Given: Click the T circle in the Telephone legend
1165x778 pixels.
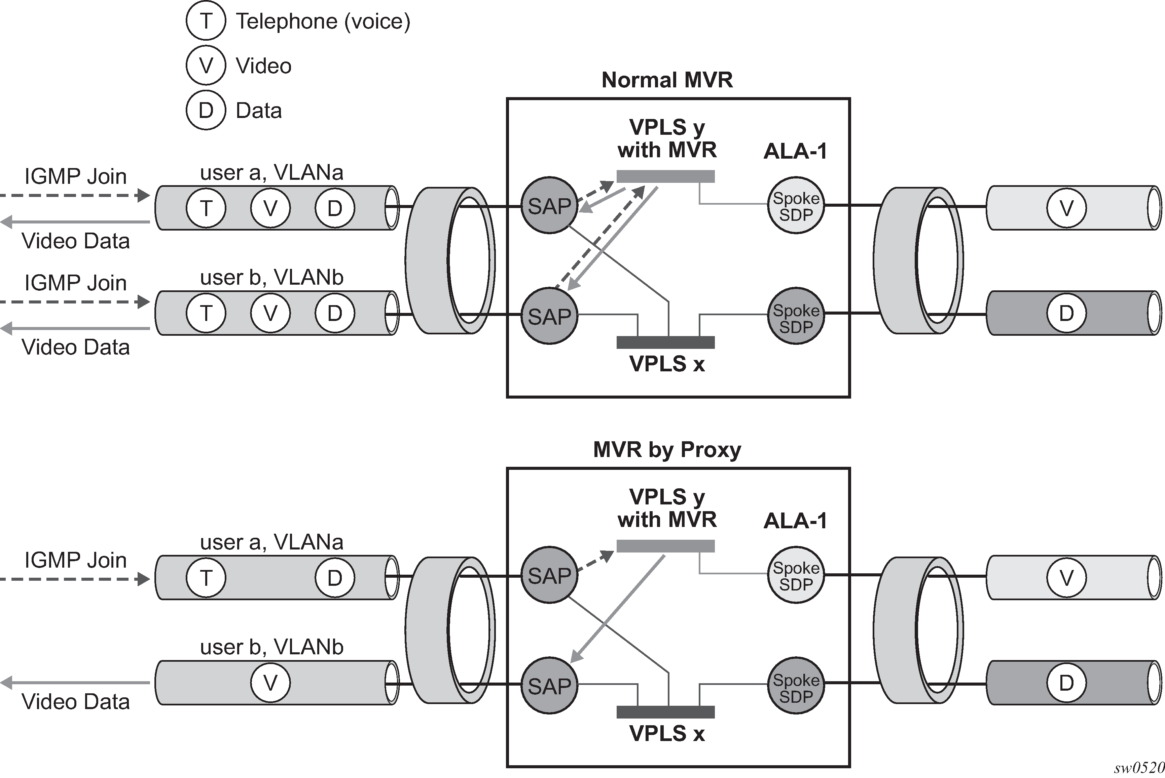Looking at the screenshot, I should pos(206,21).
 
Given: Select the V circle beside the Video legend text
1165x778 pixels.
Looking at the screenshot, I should pos(206,66).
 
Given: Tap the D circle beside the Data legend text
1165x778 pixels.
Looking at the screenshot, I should pos(206,110).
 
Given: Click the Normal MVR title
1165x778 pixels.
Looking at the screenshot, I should pos(666,80).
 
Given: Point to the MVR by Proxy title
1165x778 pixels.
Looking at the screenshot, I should pos(666,450).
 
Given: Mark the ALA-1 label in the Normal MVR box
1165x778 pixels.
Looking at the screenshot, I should pos(795,151).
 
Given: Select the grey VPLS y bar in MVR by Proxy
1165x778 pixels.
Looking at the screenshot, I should pos(665,546).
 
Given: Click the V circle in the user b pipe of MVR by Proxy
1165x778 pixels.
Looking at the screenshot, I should pos(270,683).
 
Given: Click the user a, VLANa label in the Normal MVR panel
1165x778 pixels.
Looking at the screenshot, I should pos(271,173).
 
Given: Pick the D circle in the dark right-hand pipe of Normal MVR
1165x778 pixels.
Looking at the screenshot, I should pos(1066,313).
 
